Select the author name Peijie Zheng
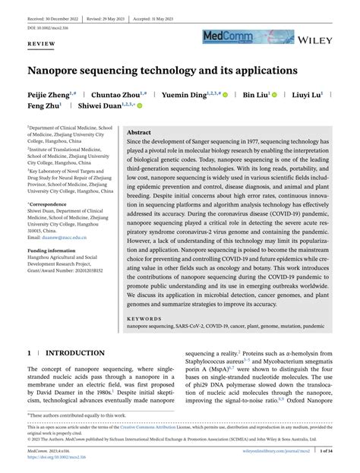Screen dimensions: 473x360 pyautogui.click(x=50, y=96)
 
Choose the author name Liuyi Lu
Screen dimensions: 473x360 pyautogui.click(x=311, y=96)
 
